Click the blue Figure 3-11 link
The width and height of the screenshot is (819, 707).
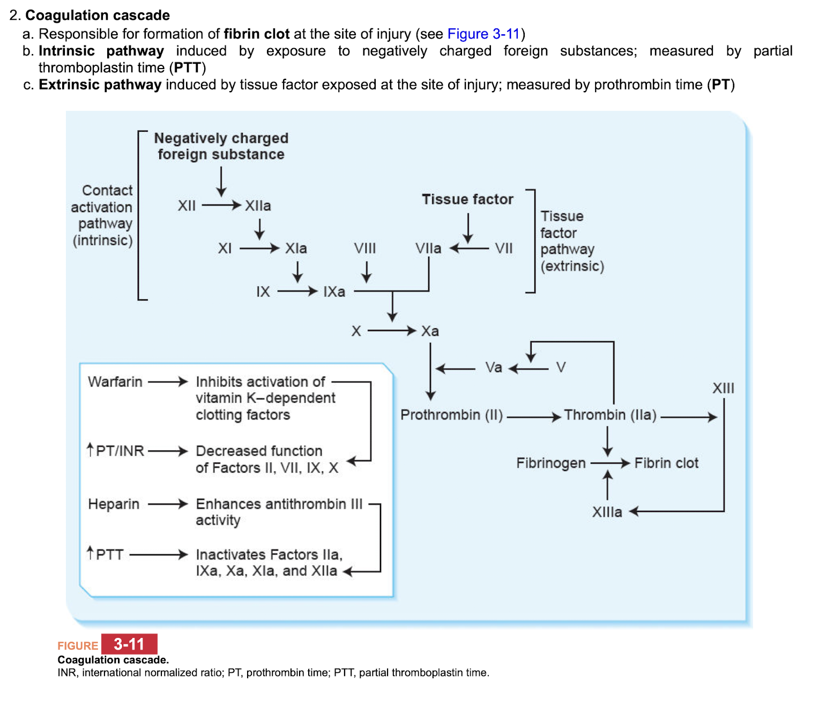pyautogui.click(x=483, y=34)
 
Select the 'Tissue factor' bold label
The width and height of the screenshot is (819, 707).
pyautogui.click(x=467, y=199)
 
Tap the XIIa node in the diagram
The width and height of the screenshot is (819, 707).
pyautogui.click(x=258, y=206)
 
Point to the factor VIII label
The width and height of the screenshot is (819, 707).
pyautogui.click(x=364, y=249)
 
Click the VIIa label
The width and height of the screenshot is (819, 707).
pyautogui.click(x=428, y=249)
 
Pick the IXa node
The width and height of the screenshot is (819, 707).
pyautogui.click(x=334, y=292)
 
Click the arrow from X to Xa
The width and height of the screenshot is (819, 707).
pyautogui.click(x=391, y=331)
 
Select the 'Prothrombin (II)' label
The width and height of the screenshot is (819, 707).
pyautogui.click(x=451, y=415)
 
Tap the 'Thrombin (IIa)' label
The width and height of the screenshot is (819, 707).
pyautogui.click(x=610, y=415)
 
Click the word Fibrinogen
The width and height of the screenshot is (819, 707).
pyautogui.click(x=550, y=463)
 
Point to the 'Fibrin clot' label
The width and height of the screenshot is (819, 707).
pyautogui.click(x=666, y=463)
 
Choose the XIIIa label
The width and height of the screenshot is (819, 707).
pyautogui.click(x=607, y=512)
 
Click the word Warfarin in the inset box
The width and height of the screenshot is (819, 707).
pyautogui.click(x=115, y=382)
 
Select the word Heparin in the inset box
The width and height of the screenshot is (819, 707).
pyautogui.click(x=114, y=504)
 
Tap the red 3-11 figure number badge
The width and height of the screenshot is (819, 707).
pyautogui.click(x=129, y=644)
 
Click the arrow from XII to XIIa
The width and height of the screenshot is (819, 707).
pyautogui.click(x=221, y=206)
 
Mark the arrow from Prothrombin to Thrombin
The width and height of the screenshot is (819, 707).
pyautogui.click(x=533, y=417)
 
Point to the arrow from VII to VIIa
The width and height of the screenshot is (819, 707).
pyautogui.click(x=470, y=249)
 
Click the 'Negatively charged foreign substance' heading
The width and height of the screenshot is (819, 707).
pyautogui.click(x=221, y=146)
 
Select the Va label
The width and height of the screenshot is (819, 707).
pyautogui.click(x=494, y=367)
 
